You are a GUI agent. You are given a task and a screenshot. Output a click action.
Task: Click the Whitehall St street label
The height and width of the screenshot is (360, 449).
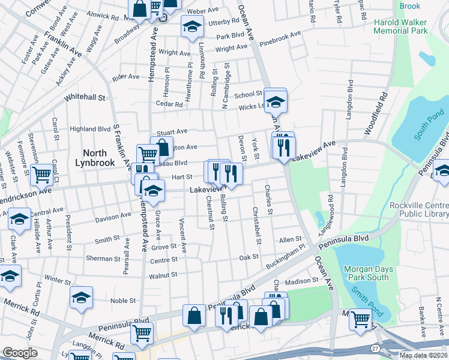tap(85, 97)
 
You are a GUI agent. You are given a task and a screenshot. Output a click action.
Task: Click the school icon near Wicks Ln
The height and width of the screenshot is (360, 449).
tap(276, 100)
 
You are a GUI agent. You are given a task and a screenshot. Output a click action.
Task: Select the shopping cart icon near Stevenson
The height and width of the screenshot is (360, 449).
tap(42, 175)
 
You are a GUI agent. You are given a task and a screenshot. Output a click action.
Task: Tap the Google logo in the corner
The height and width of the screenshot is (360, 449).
tap(20, 353)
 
